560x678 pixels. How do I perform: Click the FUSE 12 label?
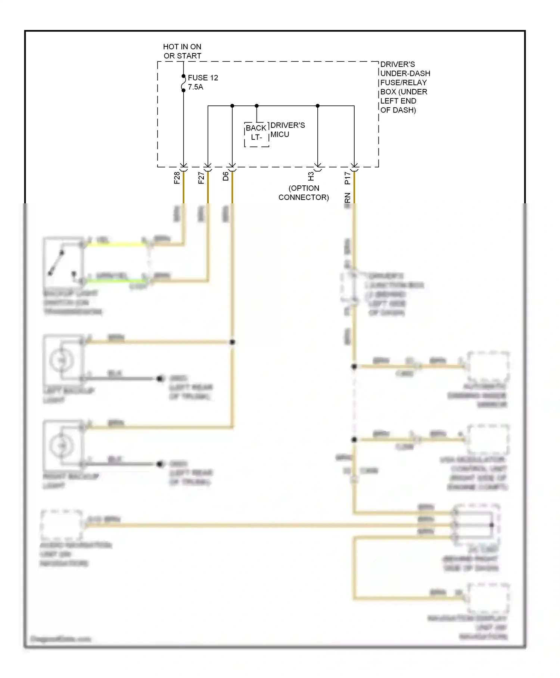click(x=203, y=78)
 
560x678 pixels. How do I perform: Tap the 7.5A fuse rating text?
click(x=195, y=87)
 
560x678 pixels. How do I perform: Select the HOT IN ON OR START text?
click(x=182, y=51)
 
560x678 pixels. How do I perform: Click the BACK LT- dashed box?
click(x=256, y=134)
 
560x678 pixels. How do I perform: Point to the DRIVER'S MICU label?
click(x=287, y=130)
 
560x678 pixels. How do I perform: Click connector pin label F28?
click(x=177, y=178)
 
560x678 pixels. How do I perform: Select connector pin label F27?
click(x=201, y=178)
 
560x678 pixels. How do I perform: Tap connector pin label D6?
click(x=225, y=176)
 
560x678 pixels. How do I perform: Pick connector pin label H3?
click(x=311, y=176)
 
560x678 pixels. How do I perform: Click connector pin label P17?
click(x=348, y=178)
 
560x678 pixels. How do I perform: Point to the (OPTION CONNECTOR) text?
click(x=304, y=193)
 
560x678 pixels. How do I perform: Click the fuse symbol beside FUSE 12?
click(x=183, y=83)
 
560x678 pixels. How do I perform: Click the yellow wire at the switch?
click(x=116, y=244)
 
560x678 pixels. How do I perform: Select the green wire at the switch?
click(x=116, y=280)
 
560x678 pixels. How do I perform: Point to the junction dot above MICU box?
click(x=256, y=106)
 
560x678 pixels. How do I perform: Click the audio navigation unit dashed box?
click(x=62, y=525)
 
